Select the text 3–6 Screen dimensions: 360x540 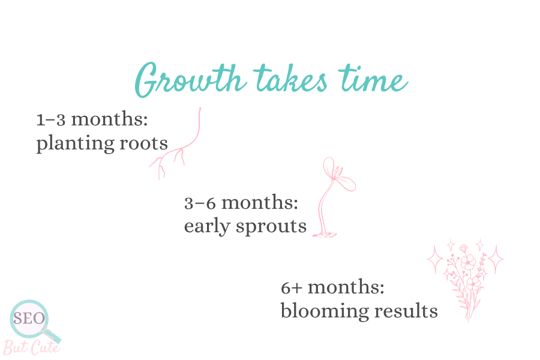[x=200, y=203]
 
